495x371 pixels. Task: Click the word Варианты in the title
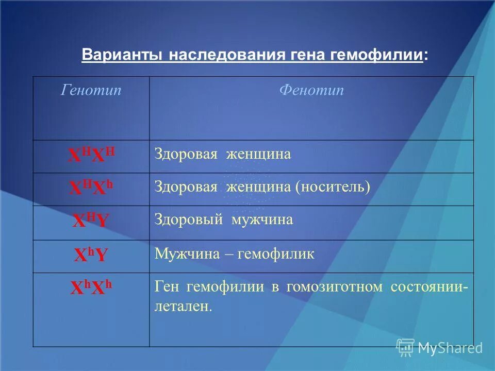(123, 56)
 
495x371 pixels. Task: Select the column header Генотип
(91, 91)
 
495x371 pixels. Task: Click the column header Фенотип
(311, 91)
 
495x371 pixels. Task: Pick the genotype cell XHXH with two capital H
(91, 155)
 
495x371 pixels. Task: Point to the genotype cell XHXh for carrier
(91, 188)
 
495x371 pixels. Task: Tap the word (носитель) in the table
(333, 187)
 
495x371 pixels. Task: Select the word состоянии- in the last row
(430, 287)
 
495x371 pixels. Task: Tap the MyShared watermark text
(450, 348)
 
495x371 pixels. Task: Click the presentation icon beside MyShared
(406, 347)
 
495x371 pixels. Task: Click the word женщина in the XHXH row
(258, 154)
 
